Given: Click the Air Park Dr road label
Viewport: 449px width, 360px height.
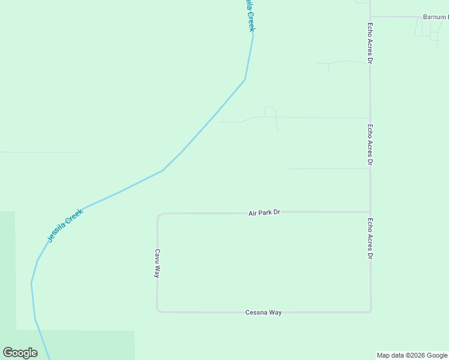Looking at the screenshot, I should pyautogui.click(x=264, y=213).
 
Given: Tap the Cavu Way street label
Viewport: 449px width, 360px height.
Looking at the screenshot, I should pyautogui.click(x=157, y=263).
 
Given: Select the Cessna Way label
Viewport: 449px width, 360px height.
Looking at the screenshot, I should pyautogui.click(x=263, y=313).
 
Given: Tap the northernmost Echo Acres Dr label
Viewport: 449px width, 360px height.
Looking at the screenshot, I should pyautogui.click(x=370, y=44).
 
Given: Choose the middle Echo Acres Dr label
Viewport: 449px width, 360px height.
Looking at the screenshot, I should pyautogui.click(x=370, y=145).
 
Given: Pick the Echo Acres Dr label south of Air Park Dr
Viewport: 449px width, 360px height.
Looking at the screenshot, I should pyautogui.click(x=370, y=238).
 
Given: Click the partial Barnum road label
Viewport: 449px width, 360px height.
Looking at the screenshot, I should pyautogui.click(x=435, y=17).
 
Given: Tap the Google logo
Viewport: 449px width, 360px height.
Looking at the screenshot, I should pyautogui.click(x=20, y=353).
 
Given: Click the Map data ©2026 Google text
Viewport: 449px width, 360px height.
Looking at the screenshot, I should pyautogui.click(x=412, y=355).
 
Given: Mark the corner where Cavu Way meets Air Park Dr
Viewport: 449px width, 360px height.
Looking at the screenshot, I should pyautogui.click(x=158, y=214).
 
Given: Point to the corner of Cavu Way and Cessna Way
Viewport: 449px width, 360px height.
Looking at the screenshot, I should pyautogui.click(x=158, y=311).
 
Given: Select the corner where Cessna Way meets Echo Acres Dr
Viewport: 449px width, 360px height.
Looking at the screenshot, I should pyautogui.click(x=370, y=311).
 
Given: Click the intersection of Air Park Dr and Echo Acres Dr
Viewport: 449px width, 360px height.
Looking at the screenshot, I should pyautogui.click(x=370, y=212).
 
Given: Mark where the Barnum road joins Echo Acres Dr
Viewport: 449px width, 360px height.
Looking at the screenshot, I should pyautogui.click(x=370, y=17).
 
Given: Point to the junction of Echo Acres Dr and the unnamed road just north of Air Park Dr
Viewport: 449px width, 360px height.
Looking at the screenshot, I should pyautogui.click(x=370, y=169).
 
